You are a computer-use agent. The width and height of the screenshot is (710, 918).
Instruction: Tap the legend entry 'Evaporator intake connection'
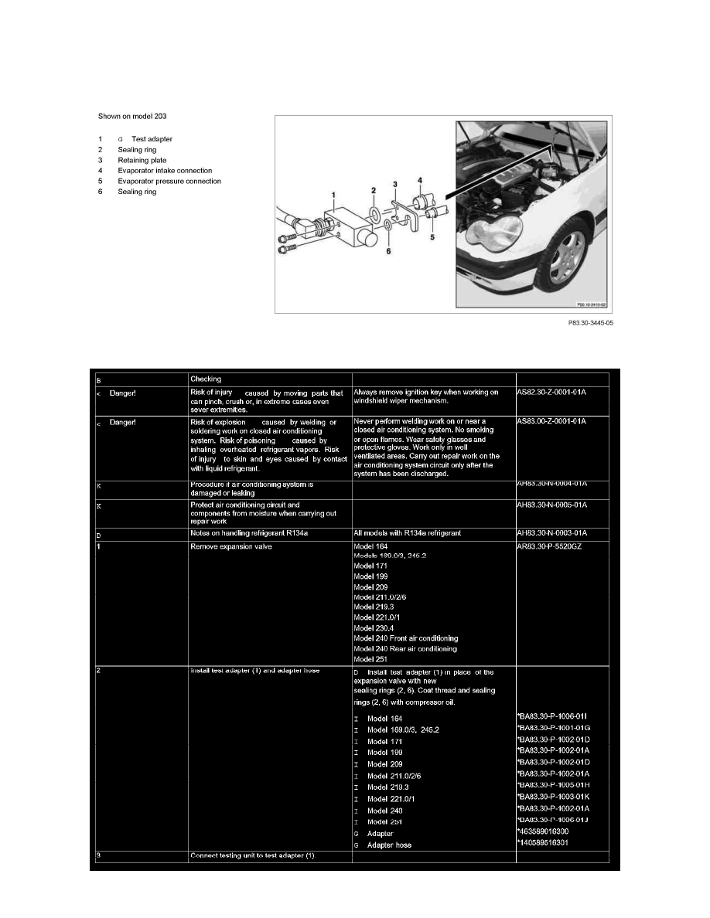point(165,171)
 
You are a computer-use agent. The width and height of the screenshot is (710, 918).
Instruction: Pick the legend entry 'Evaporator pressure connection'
point(169,182)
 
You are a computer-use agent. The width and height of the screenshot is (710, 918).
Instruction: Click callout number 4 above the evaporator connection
point(421,180)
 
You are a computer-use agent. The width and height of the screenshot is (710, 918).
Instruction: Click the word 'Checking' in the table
point(206,379)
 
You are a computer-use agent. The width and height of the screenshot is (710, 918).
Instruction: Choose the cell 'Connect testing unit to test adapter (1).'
point(254,855)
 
